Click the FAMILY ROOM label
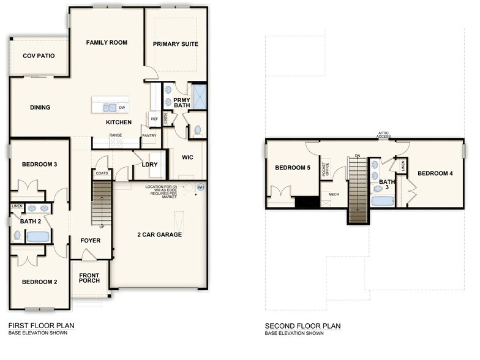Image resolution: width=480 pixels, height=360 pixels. click(x=106, y=42)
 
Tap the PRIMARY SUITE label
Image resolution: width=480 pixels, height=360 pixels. click(x=176, y=44)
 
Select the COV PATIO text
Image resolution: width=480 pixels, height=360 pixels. click(x=39, y=56)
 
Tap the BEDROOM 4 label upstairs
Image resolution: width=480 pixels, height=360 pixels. click(x=435, y=173)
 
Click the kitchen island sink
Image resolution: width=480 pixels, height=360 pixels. click(x=109, y=108)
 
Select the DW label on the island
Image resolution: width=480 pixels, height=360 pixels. click(x=122, y=108)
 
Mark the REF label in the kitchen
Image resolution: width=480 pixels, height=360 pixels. click(x=154, y=119)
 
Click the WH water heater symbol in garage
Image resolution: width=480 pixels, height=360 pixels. click(x=200, y=187)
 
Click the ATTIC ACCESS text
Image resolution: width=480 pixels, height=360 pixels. click(x=383, y=134)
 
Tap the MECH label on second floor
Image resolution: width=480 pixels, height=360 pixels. click(x=334, y=195)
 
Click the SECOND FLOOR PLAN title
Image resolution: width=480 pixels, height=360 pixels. click(x=302, y=326)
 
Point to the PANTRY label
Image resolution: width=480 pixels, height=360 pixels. click(x=149, y=135)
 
